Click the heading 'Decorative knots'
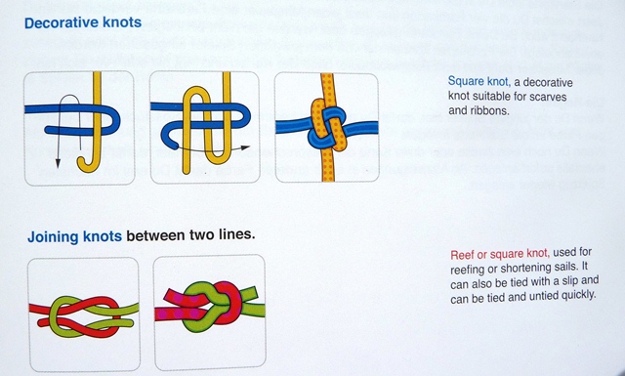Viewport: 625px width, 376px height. pos(83,22)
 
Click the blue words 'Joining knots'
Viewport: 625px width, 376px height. pos(74,236)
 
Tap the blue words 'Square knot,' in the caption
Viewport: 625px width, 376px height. pos(479,82)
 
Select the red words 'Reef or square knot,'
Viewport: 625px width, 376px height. pos(500,254)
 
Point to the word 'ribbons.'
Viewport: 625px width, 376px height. pos(492,110)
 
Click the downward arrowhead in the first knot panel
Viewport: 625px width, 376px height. pos(58,163)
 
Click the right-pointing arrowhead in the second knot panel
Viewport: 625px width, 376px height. pos(244,147)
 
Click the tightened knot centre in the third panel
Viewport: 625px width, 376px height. pos(327,127)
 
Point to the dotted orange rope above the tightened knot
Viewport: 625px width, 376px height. pos(327,86)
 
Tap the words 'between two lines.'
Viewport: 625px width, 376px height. pos(190,234)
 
